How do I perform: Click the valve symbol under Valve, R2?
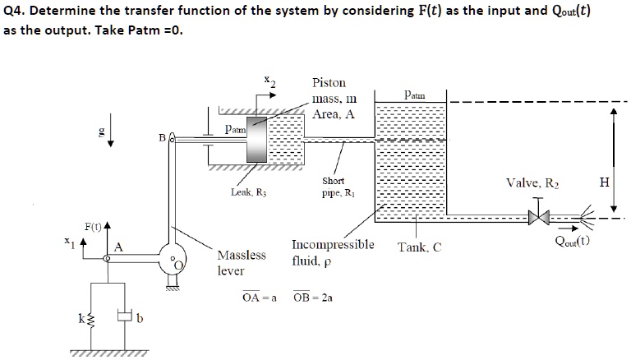pyautogui.click(x=538, y=218)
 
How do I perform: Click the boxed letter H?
pyautogui.click(x=605, y=182)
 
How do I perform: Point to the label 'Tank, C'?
pyautogui.click(x=419, y=247)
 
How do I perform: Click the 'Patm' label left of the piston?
pyautogui.click(x=236, y=130)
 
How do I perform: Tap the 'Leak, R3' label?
pyautogui.click(x=249, y=192)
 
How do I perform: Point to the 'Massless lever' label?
pyautogui.click(x=242, y=261)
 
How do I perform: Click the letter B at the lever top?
pyautogui.click(x=162, y=138)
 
